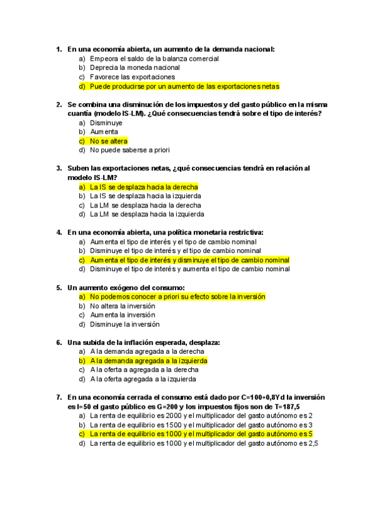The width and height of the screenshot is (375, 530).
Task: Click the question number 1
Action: [58, 49]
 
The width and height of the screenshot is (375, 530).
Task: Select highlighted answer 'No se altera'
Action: [109, 141]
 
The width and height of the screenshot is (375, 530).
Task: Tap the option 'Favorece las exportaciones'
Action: [132, 77]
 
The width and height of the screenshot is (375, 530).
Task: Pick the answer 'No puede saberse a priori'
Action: [129, 150]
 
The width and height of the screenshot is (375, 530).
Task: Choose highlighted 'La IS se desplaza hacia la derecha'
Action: [144, 187]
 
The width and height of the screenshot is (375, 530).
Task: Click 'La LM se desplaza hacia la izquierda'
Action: [147, 214]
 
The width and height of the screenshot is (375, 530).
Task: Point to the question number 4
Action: [58, 232]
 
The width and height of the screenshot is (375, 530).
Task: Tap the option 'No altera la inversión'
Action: [122, 306]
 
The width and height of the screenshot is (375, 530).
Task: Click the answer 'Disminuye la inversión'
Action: [124, 324]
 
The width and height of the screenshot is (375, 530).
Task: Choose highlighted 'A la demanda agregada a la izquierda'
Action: [149, 361]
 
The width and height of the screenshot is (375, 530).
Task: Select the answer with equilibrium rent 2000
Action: [201, 415]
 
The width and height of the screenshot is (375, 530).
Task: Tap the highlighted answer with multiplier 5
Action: [201, 433]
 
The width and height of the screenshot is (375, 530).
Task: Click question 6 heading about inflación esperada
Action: [143, 342]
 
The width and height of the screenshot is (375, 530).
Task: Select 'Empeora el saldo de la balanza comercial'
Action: [154, 59]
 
